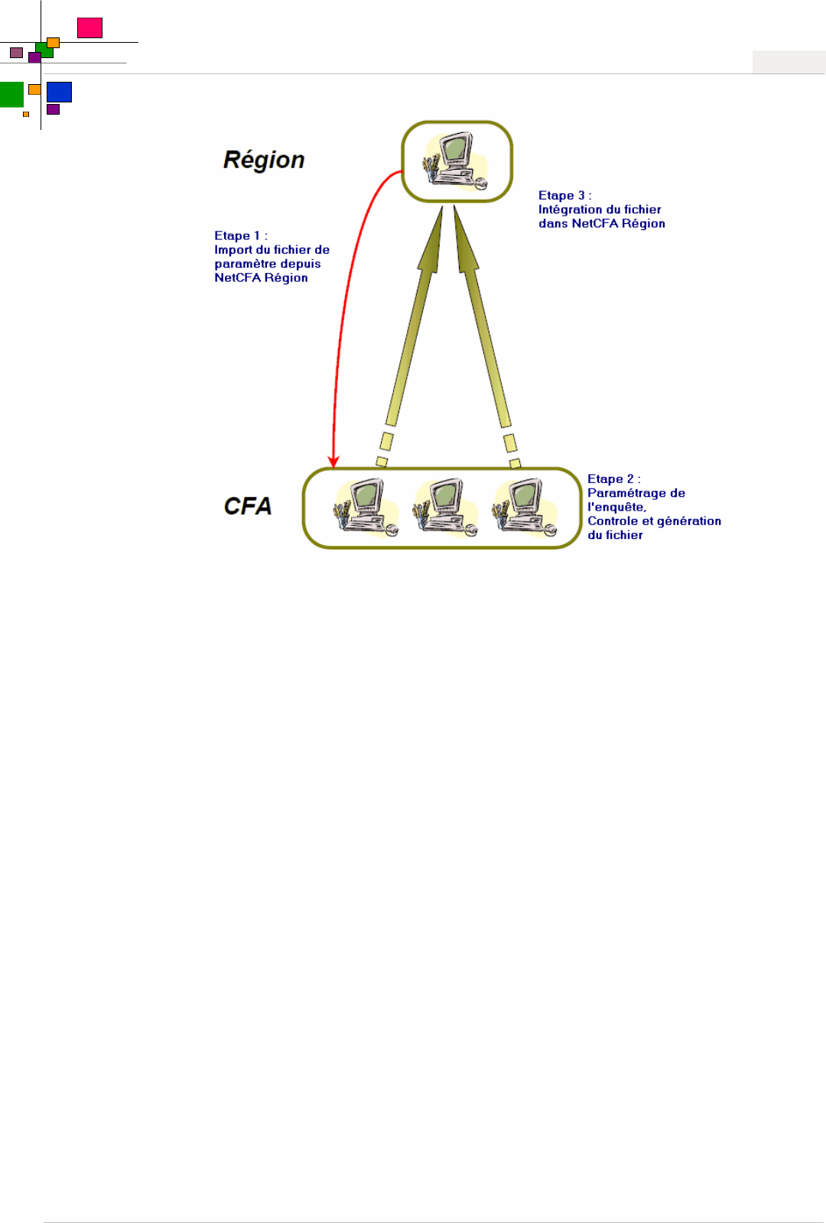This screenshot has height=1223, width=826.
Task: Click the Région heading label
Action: point(264,160)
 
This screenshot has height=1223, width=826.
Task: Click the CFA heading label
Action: point(248,506)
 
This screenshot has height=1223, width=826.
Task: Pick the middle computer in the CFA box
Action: point(445,507)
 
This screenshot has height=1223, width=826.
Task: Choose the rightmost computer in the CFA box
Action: point(525,507)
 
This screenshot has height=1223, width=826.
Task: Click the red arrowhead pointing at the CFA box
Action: point(333,461)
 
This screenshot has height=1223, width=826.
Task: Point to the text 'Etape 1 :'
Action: point(241,236)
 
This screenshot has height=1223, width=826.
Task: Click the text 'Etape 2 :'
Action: point(613,479)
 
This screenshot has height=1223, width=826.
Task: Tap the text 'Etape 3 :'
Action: point(564,196)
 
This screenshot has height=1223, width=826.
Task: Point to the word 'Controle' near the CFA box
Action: point(613,521)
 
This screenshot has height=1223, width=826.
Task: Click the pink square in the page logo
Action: point(89,28)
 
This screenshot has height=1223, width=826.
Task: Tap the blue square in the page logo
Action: point(59,92)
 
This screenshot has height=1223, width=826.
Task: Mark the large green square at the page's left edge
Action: point(11,94)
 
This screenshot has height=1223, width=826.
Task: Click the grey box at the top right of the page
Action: point(789,62)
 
